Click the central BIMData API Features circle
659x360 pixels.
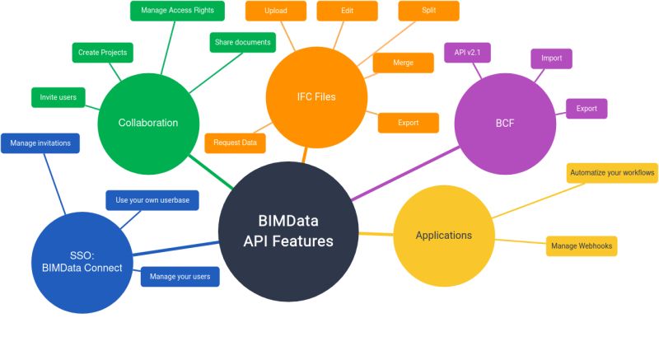pyautogui.click(x=288, y=231)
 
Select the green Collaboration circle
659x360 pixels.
pyautogui.click(x=147, y=123)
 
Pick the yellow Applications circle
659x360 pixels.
pyautogui.click(x=443, y=236)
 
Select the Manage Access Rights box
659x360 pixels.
pyautogui.click(x=178, y=11)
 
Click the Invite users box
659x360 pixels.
pyautogui.click(x=58, y=97)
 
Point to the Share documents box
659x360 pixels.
pyautogui.click(x=242, y=42)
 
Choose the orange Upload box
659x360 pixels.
pyautogui.click(x=276, y=12)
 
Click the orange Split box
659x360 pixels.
pyautogui.click(x=428, y=11)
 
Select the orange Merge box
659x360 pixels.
pyautogui.click(x=404, y=63)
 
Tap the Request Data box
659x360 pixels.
pyautogui.click(x=235, y=143)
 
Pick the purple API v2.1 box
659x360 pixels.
pyautogui.click(x=467, y=53)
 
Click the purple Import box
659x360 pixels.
pyautogui.click(x=551, y=58)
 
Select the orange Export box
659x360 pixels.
pyautogui.click(x=408, y=123)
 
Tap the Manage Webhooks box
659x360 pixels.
pyautogui.click(x=581, y=245)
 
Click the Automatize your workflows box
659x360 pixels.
pyautogui.click(x=612, y=173)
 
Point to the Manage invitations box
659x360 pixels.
pyautogui.click(x=40, y=143)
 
